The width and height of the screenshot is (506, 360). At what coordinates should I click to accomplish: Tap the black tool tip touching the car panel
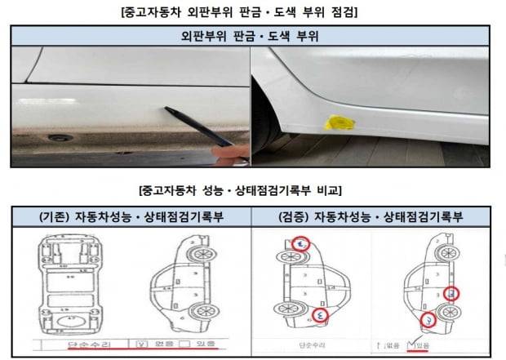tap(168, 110)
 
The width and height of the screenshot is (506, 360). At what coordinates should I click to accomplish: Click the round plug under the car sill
tap(59, 138)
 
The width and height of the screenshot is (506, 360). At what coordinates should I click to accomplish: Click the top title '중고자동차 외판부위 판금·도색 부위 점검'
tap(252, 11)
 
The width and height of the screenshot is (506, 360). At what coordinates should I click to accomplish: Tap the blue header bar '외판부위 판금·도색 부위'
tap(252, 36)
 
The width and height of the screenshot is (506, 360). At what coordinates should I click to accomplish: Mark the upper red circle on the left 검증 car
tap(303, 243)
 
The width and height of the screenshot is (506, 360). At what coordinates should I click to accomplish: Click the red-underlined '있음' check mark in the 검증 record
tap(420, 345)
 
